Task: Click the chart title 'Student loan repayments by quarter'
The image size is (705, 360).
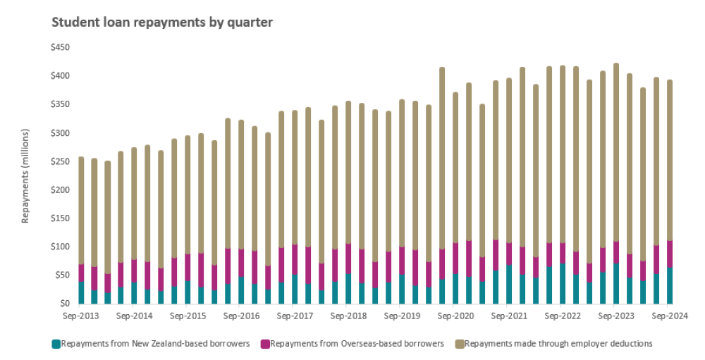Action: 162,23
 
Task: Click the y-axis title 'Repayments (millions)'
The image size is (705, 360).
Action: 25,176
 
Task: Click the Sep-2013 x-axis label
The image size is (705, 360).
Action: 81,316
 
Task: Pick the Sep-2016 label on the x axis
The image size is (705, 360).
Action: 240,316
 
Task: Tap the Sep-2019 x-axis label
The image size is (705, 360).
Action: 401,316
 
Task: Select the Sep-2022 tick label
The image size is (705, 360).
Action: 562,316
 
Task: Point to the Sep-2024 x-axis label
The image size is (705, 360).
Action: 669,316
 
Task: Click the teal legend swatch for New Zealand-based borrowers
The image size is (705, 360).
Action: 56,344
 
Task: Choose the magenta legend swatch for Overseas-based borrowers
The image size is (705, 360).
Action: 265,344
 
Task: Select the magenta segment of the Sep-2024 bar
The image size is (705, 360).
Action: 669,254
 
